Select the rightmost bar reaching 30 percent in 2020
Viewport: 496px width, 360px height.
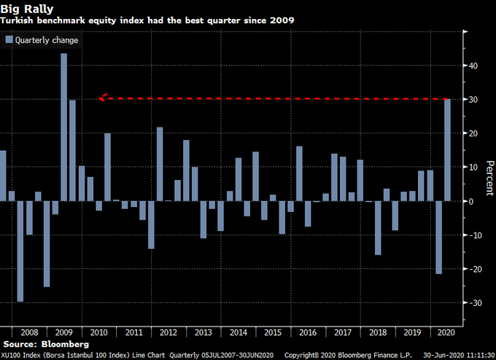(447, 149)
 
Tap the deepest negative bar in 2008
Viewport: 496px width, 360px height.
(20, 251)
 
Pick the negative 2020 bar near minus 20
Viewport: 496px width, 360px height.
(438, 238)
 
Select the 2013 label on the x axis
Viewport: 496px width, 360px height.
(204, 332)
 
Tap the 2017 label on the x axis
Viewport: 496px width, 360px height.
(342, 332)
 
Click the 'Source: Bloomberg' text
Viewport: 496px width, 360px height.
(46, 343)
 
